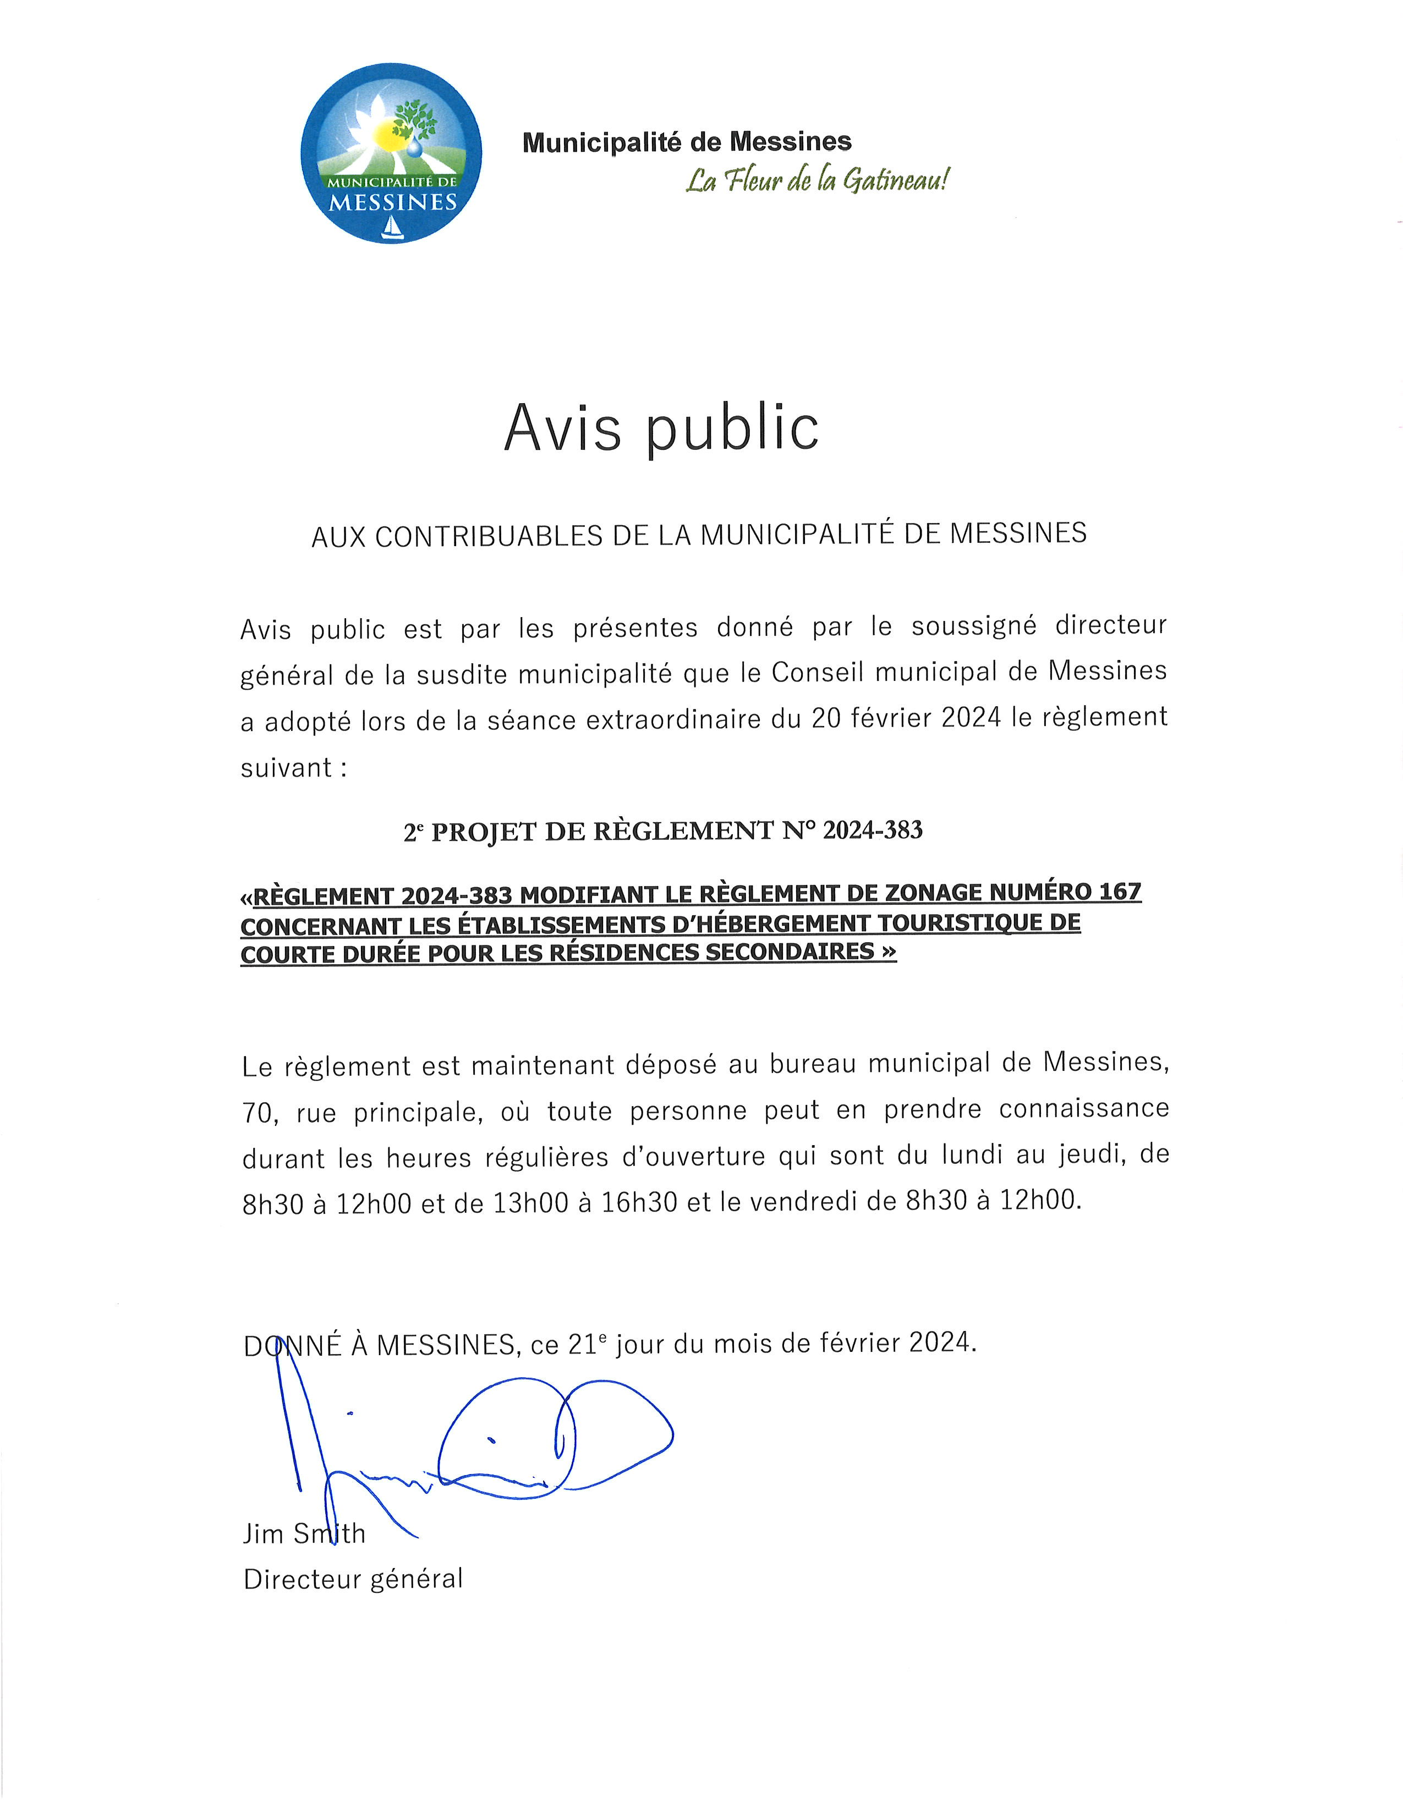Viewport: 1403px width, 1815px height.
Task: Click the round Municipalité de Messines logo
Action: click(391, 154)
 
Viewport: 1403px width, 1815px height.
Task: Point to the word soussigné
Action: click(973, 626)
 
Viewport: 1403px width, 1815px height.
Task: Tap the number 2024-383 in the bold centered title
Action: click(872, 830)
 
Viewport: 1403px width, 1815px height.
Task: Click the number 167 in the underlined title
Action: click(1120, 893)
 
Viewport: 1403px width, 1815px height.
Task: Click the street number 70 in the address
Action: click(257, 1113)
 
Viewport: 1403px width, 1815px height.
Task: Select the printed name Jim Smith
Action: click(303, 1533)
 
